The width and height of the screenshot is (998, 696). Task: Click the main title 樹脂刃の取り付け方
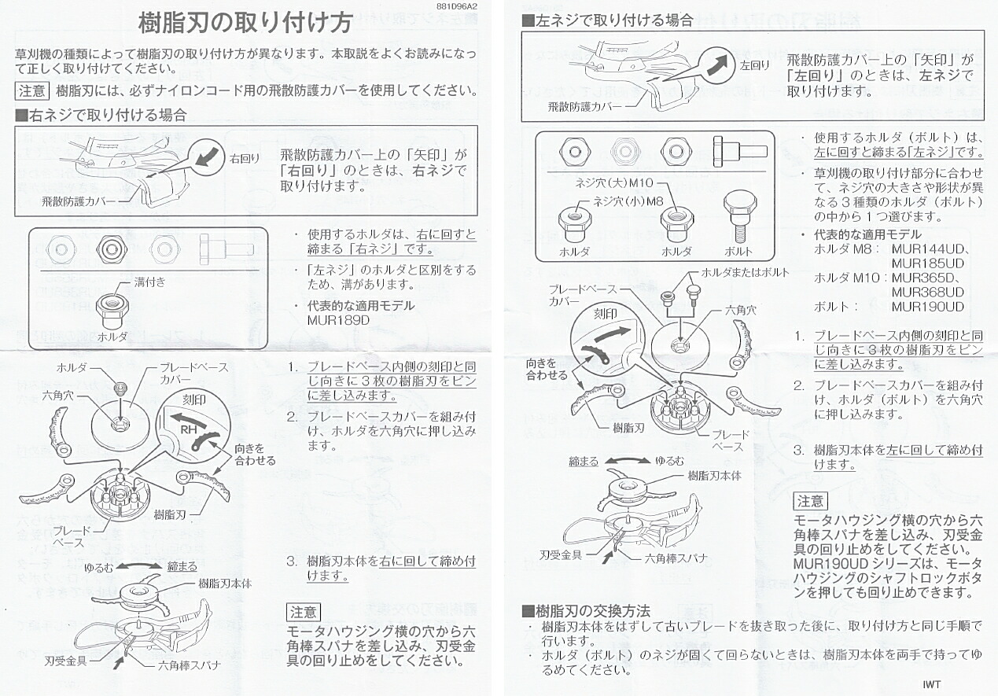[x=245, y=22]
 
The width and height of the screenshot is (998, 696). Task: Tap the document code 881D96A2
[x=455, y=6]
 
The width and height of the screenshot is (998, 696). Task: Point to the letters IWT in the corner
[x=932, y=684]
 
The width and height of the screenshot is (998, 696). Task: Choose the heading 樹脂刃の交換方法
[x=586, y=610]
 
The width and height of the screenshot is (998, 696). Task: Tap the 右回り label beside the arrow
[x=245, y=158]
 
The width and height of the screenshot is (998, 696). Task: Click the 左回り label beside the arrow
[x=755, y=65]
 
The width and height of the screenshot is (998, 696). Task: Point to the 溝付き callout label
[x=149, y=281]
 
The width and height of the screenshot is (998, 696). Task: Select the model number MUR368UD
[x=928, y=292]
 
